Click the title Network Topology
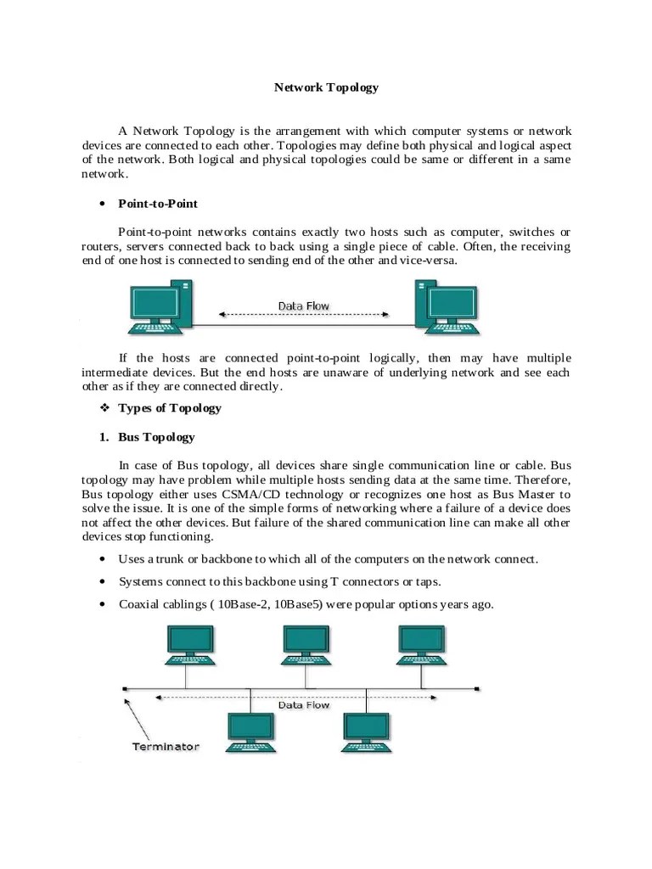(x=327, y=87)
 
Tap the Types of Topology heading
(x=170, y=408)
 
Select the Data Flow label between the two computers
(x=304, y=306)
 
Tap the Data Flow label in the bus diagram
(x=304, y=705)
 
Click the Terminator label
(x=165, y=747)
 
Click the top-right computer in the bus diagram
(x=421, y=646)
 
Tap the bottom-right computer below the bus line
(x=367, y=732)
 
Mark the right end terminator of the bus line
(x=477, y=687)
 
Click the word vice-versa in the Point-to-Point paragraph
(x=430, y=261)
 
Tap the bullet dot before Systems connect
(x=102, y=582)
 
